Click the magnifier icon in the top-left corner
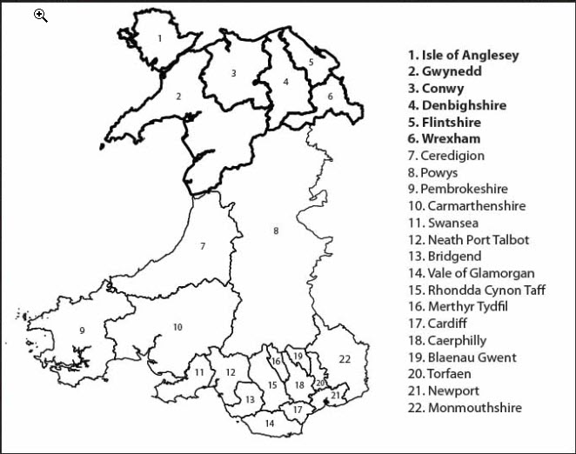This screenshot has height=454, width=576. pos(41,15)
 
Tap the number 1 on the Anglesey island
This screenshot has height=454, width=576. pos(160,38)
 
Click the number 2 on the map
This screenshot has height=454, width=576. pos(178,97)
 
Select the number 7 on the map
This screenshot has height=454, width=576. pos(203,246)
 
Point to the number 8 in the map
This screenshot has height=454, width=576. pos(276,230)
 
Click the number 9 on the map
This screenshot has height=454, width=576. pos(82,330)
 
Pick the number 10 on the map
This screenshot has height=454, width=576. pos(177,327)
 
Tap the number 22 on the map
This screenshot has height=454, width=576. pos(345,358)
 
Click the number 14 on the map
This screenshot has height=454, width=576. pos(269,424)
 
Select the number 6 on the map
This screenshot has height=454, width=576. pos(330,97)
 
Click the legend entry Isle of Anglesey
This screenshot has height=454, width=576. pos(464,55)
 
